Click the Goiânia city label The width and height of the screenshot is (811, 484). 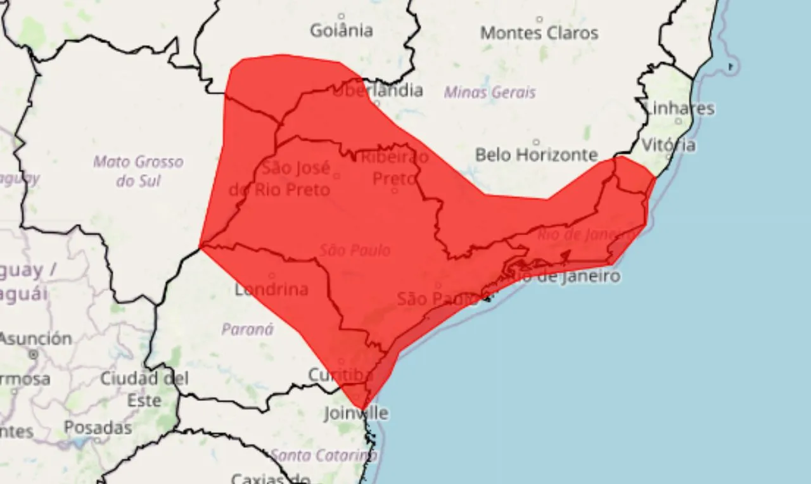point(342,30)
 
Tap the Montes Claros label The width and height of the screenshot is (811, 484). point(539,33)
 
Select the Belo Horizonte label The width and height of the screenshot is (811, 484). point(536,155)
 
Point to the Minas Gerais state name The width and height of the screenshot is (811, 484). point(490,92)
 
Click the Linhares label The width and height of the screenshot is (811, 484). point(679,108)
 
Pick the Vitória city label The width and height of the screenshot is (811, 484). point(668,145)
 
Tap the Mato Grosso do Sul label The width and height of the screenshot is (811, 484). point(138,171)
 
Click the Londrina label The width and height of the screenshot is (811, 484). point(271,290)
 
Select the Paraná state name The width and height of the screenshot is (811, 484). point(248,329)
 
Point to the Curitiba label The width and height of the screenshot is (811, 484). point(340,375)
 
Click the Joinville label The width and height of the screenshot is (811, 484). point(355,413)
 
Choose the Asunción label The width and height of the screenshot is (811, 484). point(35,338)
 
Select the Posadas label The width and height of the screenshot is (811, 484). point(98,428)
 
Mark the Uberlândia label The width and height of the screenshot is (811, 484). point(378,91)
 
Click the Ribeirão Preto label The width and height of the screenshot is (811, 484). point(394,167)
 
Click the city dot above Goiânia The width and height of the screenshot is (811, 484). point(342,16)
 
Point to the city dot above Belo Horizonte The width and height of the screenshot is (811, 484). point(536,142)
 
